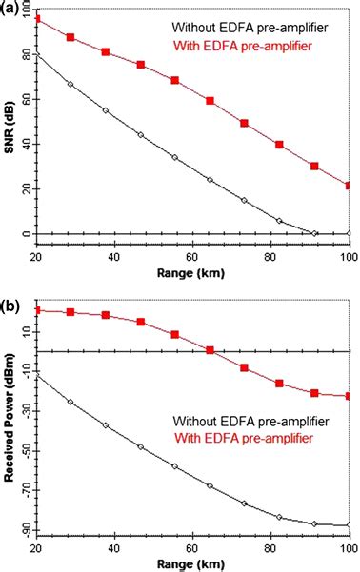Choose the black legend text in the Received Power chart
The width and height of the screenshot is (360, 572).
[251, 419]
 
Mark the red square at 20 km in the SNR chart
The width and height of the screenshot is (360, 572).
[36, 19]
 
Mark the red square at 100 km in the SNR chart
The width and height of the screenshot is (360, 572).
[349, 186]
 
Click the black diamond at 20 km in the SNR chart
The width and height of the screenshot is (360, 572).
[36, 54]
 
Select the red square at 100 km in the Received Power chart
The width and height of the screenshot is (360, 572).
[349, 396]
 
